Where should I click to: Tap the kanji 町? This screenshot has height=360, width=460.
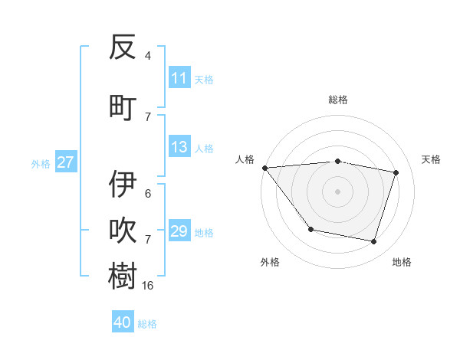(x=123, y=106)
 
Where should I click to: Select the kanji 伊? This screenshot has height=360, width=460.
(x=123, y=184)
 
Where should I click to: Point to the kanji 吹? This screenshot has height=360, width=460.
(x=123, y=231)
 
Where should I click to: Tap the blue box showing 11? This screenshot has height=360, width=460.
(x=179, y=78)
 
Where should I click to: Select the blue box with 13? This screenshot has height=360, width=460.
(x=179, y=147)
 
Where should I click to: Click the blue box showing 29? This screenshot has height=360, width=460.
(x=179, y=231)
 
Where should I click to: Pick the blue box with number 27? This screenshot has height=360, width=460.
(x=66, y=162)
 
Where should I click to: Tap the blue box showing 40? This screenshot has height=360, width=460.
(x=123, y=322)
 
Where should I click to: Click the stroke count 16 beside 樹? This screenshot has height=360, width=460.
(x=148, y=285)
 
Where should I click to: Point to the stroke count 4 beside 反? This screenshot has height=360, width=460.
(x=148, y=56)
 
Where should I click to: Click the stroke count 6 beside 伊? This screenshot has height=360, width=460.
(x=148, y=194)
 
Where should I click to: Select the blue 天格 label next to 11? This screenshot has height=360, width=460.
(x=204, y=79)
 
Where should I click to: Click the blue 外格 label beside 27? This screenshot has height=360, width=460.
(x=41, y=163)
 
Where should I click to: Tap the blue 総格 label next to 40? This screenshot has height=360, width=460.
(x=147, y=323)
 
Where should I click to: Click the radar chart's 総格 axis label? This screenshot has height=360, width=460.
(x=337, y=100)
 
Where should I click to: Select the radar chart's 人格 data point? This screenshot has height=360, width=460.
(x=264, y=168)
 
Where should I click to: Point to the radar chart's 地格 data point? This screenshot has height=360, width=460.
(x=373, y=242)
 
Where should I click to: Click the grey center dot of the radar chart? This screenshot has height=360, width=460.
(x=337, y=191)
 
